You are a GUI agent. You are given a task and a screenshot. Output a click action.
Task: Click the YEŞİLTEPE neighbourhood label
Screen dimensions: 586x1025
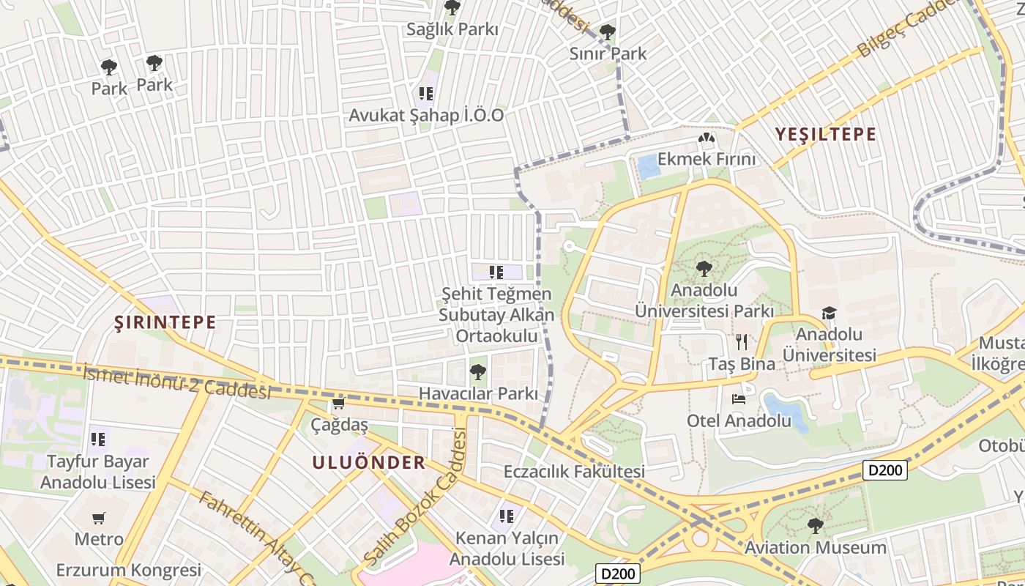coord(825,134)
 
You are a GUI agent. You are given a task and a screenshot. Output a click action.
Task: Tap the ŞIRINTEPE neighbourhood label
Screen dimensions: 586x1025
coord(165,322)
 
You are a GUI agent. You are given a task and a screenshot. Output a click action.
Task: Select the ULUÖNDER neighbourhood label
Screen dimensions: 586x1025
coord(368,462)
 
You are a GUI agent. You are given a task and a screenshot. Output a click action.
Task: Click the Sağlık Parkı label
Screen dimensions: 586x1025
coord(452,29)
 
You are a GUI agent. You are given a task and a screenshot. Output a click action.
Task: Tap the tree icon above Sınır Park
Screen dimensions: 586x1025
coord(607,31)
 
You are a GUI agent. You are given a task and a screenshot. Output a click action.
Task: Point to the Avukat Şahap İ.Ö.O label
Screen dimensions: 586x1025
coord(426,115)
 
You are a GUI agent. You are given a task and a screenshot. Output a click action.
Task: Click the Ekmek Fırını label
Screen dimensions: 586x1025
coord(706,159)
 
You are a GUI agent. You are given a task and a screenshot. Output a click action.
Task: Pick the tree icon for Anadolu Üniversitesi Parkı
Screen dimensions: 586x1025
coord(704,269)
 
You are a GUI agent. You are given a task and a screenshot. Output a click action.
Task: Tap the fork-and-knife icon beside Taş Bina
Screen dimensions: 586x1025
coord(742,342)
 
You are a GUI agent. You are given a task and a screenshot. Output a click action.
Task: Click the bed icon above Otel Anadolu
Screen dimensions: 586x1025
coord(739,399)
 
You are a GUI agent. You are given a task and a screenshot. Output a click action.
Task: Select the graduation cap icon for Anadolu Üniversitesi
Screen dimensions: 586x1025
coord(829,314)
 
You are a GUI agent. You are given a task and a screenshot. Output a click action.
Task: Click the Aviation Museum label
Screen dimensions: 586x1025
coord(815,547)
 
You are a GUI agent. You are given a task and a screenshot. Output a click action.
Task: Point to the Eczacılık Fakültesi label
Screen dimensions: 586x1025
coord(574,471)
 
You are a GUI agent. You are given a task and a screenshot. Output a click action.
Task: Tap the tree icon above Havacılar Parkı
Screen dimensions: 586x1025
coord(477,372)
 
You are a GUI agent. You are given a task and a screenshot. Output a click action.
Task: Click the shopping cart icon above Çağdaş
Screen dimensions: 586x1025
coord(338,404)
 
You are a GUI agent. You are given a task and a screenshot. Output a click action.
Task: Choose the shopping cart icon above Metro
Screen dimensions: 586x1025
coord(99,519)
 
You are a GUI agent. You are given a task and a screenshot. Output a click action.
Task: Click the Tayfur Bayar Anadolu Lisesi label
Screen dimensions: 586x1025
coord(98,472)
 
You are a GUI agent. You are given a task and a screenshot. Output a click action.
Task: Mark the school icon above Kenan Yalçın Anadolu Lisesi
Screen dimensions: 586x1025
coord(507,516)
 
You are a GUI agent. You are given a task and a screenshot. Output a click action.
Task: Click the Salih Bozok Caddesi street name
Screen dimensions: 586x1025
coord(415,498)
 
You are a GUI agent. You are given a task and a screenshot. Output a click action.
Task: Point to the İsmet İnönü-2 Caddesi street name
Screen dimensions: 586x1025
coord(176,382)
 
